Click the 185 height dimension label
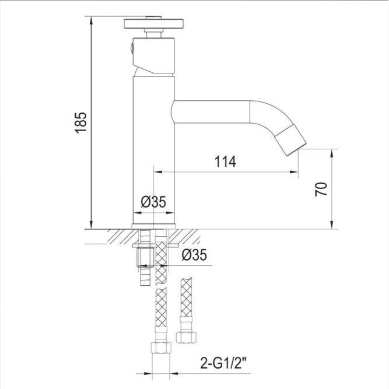click(81, 123)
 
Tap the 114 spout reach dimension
click(225, 162)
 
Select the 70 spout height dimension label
click(321, 189)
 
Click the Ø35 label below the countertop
click(194, 254)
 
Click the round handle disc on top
click(153, 23)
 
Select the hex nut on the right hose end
click(186, 337)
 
